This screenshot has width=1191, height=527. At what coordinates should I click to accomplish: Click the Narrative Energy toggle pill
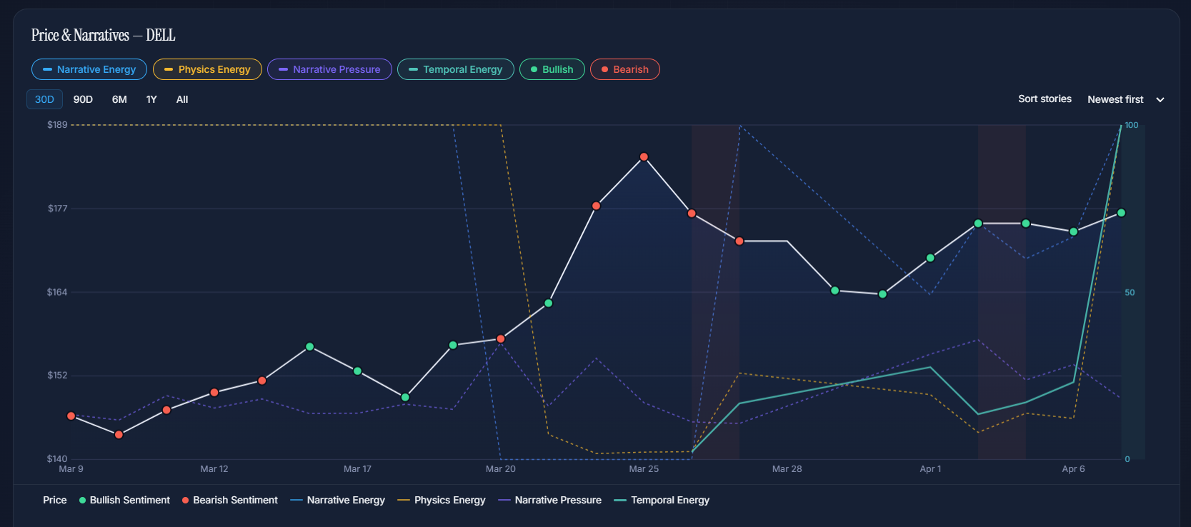coord(89,69)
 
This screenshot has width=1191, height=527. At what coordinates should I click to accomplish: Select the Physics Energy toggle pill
coord(207,69)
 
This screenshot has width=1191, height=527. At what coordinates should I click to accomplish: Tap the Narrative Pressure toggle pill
coord(329,69)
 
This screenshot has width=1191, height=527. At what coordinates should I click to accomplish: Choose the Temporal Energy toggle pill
coord(456,69)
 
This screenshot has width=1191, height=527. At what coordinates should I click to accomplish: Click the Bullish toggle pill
coord(552,69)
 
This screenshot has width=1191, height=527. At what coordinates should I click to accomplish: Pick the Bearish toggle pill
coord(624,69)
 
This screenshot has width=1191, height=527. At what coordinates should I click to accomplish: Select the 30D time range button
coord(44,99)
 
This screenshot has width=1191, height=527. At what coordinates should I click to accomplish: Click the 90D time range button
coord(83,99)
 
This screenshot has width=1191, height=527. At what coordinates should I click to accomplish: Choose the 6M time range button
coord(119,99)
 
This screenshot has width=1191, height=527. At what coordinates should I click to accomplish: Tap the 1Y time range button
coord(151,99)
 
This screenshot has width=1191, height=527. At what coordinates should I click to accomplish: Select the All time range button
coord(182,99)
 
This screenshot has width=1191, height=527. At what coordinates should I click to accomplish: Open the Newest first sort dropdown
coord(1125,99)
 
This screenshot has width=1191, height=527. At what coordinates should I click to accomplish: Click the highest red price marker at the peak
coord(644,156)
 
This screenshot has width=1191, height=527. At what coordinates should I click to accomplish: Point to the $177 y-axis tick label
coord(57,209)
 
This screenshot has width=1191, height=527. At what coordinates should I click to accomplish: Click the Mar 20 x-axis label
coord(500,469)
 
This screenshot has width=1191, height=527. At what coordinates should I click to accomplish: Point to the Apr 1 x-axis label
coord(930,469)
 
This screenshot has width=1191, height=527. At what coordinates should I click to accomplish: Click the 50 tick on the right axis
coord(1130,292)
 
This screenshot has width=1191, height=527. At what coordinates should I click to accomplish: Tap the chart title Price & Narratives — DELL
coord(104,35)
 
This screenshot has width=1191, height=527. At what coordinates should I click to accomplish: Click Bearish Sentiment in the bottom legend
coord(235,500)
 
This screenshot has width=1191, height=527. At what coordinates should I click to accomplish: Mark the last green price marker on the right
coord(1121,213)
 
